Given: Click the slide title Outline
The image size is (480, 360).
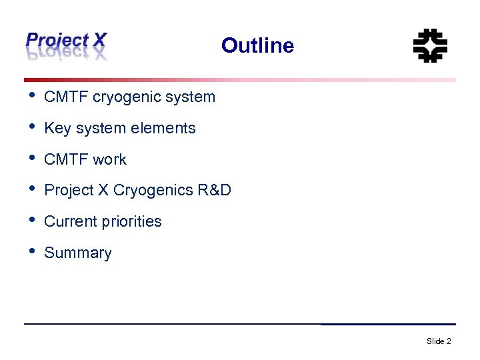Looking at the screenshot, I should (257, 45).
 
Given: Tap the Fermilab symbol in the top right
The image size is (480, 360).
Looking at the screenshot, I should (430, 45).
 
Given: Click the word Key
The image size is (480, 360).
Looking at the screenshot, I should (57, 128).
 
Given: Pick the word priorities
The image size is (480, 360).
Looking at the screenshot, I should (132, 222).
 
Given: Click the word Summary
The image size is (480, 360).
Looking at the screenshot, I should (77, 253).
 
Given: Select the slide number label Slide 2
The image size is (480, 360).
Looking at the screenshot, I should (439, 341).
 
